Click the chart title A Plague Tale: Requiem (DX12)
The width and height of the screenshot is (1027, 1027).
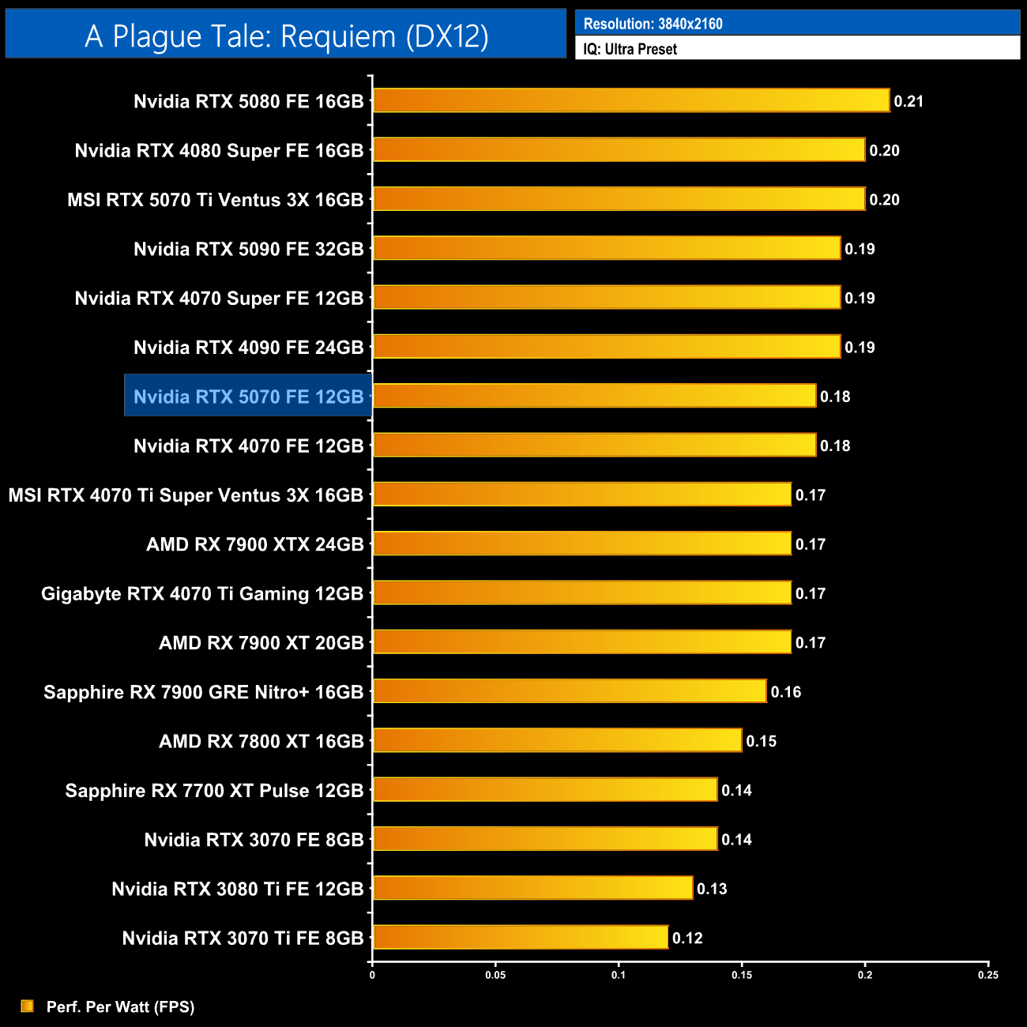click(x=286, y=36)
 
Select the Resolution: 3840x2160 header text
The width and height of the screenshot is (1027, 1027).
click(x=653, y=24)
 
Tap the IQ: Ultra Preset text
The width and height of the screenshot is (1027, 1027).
click(x=630, y=49)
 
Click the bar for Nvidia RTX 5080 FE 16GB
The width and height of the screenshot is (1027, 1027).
click(x=630, y=100)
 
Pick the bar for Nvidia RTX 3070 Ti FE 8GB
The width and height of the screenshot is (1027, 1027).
click(x=520, y=937)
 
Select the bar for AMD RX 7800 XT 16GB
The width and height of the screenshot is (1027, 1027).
click(x=557, y=740)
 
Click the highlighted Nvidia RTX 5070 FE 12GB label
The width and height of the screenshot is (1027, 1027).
click(x=248, y=397)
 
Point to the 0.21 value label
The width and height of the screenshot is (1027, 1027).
click(x=908, y=101)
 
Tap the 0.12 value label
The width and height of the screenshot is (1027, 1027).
click(x=687, y=938)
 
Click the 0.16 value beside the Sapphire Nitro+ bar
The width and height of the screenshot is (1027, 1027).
click(x=786, y=692)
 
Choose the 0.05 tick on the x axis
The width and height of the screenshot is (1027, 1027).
click(x=495, y=975)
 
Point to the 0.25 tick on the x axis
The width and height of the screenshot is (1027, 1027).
click(x=988, y=975)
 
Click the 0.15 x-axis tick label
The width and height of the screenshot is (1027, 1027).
click(x=742, y=975)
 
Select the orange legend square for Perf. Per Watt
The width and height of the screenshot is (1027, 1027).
click(x=28, y=1006)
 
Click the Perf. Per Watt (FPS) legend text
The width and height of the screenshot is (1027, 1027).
click(x=120, y=1006)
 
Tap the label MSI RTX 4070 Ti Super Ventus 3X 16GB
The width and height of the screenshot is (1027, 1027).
click(x=186, y=495)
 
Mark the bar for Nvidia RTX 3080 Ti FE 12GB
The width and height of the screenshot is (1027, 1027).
click(x=532, y=888)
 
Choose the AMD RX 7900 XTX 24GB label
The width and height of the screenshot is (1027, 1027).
click(x=254, y=544)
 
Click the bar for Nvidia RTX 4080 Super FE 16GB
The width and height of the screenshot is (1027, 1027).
click(x=619, y=149)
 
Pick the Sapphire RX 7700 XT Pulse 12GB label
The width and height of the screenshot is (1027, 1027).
click(x=214, y=791)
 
